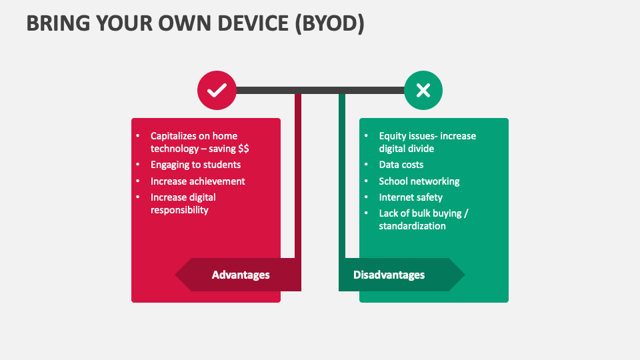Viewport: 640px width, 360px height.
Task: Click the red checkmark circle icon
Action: [x=217, y=90]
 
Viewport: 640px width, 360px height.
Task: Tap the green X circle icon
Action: [x=423, y=90]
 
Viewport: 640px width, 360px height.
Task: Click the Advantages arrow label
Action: [x=240, y=275]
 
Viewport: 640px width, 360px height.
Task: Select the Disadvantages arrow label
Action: [x=389, y=275]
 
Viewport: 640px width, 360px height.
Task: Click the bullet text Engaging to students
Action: [x=195, y=165]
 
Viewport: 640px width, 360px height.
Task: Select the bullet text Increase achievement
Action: [x=197, y=181]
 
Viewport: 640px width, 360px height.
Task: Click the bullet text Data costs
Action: [x=401, y=165]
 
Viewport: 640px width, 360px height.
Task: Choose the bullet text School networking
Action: [x=419, y=181]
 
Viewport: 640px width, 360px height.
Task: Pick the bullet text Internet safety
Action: [x=410, y=197]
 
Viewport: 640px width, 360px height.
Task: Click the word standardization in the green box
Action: [x=412, y=226]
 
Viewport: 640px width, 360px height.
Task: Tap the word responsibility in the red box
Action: [x=179, y=210]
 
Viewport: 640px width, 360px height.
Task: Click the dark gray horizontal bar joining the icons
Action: [x=320, y=90]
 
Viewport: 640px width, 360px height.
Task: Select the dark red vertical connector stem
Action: [x=298, y=173]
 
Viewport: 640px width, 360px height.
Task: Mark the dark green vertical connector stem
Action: [x=342, y=173]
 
